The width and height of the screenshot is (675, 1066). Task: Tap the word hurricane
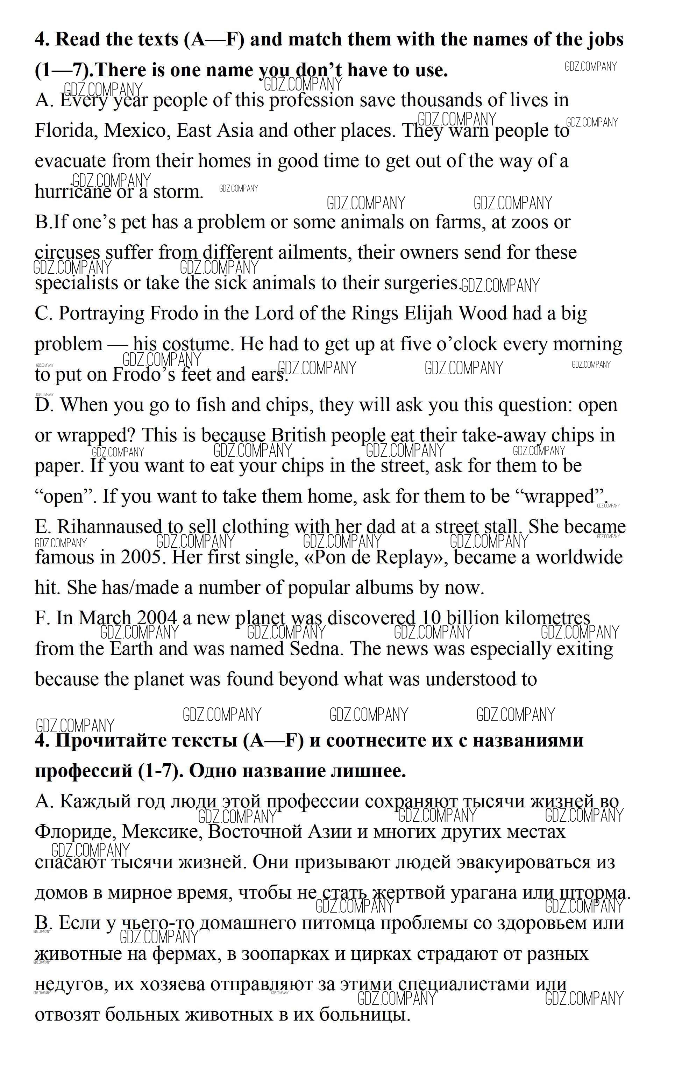point(73,192)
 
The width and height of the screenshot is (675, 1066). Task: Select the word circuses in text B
point(67,253)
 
